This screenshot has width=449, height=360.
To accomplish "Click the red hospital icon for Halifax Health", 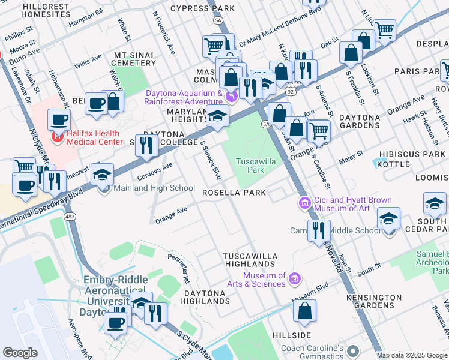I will tap(57, 137).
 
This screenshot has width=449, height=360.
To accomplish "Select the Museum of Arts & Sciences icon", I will tap(294, 278).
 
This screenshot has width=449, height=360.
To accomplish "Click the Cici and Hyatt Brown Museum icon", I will tap(305, 204).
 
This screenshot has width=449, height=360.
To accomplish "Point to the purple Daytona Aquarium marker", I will tap(231, 95).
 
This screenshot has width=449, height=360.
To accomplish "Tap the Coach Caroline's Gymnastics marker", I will tap(352, 350).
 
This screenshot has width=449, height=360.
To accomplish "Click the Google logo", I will tap(20, 352).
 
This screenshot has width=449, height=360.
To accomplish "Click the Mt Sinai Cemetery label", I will tap(134, 59).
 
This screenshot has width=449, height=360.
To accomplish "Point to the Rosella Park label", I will tap(234, 193).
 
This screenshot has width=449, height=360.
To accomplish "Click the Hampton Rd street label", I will tap(82, 19).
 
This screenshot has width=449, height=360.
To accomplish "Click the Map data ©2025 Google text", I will tap(412, 355).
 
